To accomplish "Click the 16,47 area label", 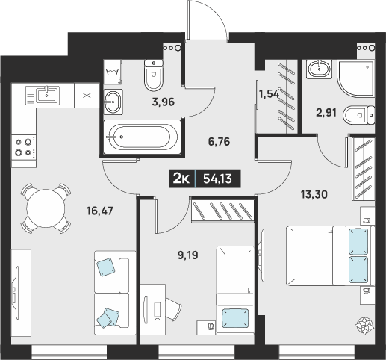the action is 100,211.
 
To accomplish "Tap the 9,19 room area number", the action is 188,255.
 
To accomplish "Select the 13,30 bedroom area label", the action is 314,194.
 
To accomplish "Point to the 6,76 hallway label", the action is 219,142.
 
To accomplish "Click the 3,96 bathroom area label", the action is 164,102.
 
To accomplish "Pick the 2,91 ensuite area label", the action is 326,113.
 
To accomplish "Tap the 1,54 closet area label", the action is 269,94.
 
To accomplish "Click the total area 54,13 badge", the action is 218,179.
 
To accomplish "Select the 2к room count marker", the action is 182,179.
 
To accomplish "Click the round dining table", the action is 46,208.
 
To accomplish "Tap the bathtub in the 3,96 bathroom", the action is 142,137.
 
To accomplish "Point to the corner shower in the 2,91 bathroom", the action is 356,78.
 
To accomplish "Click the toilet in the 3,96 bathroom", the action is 154,75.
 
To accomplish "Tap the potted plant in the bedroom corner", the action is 364,326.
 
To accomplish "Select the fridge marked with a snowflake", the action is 87,96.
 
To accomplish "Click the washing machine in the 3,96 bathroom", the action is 113,72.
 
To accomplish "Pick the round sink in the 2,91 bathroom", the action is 319,69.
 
